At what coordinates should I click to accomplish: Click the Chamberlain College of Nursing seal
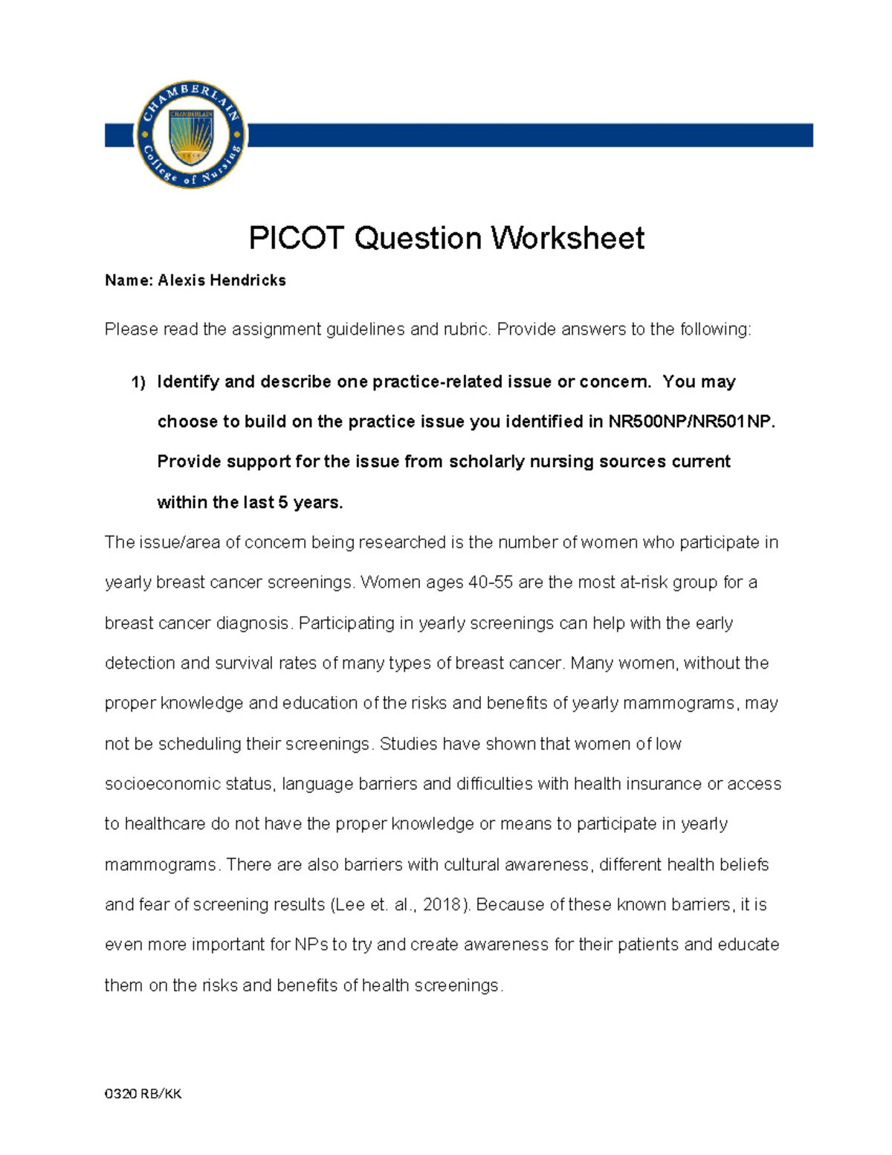tap(191, 135)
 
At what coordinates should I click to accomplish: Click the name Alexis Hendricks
tap(222, 280)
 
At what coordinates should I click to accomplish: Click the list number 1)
tap(138, 382)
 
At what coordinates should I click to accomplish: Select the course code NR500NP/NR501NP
tap(690, 422)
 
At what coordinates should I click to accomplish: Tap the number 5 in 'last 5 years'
tap(283, 503)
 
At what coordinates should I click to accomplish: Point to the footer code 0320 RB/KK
tap(143, 1093)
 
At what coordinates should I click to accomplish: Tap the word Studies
tap(408, 744)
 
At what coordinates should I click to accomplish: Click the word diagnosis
tap(251, 623)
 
